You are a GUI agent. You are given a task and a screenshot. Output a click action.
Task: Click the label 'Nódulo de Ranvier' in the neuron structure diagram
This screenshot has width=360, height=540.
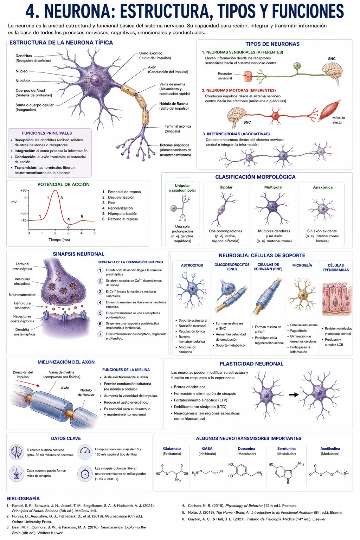pos(174,103)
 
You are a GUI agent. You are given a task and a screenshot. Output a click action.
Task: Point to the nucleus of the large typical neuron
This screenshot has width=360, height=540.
pos(97,80)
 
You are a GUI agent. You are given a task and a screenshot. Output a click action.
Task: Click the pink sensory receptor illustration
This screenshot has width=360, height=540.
pos(247,76)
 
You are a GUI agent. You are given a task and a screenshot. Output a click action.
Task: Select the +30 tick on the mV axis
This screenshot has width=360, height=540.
pos(24,190)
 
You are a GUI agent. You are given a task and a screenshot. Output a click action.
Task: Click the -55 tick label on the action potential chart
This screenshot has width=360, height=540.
pos(24,213)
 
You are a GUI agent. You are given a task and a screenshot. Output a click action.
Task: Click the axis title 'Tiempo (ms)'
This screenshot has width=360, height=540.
pos(59,240)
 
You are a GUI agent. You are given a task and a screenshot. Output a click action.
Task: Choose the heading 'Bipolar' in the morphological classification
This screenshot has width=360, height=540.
pos(226,187)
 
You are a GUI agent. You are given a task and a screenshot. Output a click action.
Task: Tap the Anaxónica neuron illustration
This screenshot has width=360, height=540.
pos(322,209)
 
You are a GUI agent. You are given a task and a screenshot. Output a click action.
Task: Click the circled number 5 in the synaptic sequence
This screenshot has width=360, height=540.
pos(100,313)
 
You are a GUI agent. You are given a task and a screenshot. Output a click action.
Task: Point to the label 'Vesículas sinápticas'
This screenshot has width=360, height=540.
pos(22,281)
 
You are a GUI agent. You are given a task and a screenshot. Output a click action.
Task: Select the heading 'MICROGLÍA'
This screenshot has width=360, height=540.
pos(302,265)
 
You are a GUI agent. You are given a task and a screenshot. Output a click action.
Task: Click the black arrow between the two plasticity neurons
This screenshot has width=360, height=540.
pos(294,395)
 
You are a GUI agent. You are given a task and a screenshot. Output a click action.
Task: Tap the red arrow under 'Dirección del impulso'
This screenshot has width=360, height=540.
pos(27,383)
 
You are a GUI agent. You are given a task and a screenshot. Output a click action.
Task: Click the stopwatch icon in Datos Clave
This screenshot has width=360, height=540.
pos(85,474)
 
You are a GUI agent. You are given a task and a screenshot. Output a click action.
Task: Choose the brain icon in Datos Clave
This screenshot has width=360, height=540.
pos(17,452)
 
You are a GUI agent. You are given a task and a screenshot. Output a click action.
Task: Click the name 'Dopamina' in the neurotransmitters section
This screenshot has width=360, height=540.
pos(246,449)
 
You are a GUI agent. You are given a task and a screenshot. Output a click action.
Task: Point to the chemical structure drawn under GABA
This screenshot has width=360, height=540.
pos(207,472)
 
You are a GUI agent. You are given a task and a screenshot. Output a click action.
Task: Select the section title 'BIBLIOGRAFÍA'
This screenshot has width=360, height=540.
pos(24,499)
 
